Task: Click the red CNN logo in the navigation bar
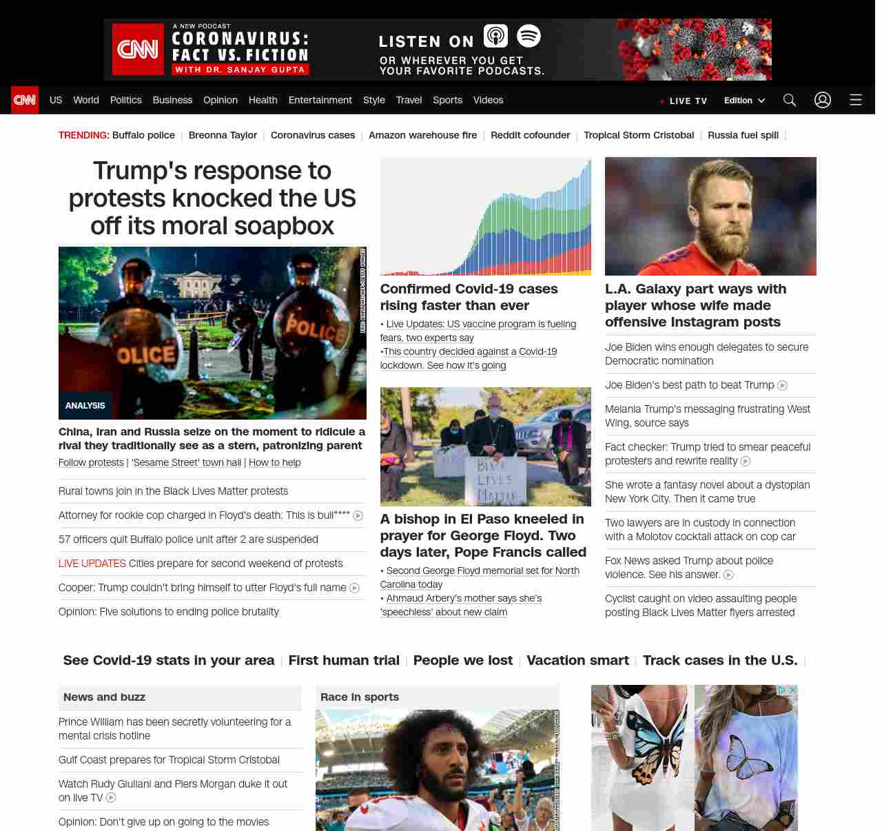pyautogui.click(x=25, y=100)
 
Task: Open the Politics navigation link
pyautogui.click(x=125, y=100)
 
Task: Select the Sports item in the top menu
pyautogui.click(x=447, y=100)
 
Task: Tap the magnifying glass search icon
pyautogui.click(x=790, y=100)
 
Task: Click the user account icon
pyautogui.click(x=823, y=100)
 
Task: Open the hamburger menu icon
pyautogui.click(x=856, y=100)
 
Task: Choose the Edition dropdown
pyautogui.click(x=744, y=100)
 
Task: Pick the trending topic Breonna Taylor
pyautogui.click(x=223, y=135)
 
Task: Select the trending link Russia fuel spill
pyautogui.click(x=743, y=135)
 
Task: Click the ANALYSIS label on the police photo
pyautogui.click(x=85, y=406)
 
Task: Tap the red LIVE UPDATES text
pyautogui.click(x=92, y=564)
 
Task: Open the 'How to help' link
pyautogui.click(x=275, y=462)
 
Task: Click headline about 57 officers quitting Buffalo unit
pyautogui.click(x=188, y=540)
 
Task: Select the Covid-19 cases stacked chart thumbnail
pyautogui.click(x=486, y=216)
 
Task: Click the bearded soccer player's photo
pyautogui.click(x=710, y=216)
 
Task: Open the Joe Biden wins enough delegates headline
pyautogui.click(x=706, y=353)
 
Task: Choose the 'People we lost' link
pyautogui.click(x=463, y=660)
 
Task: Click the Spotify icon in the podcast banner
pyautogui.click(x=529, y=36)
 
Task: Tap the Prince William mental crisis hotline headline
pyautogui.click(x=174, y=728)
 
